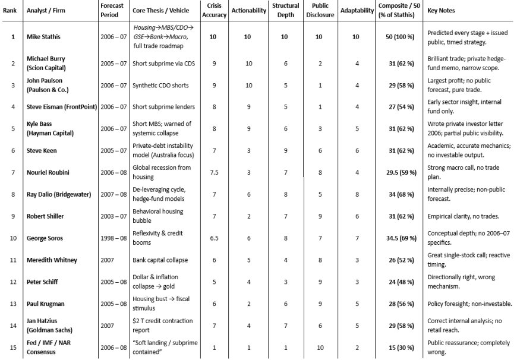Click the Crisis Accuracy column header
pos(214,11)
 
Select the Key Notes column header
pos(442,11)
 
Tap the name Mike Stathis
pos(43,37)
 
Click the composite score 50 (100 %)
pos(394,37)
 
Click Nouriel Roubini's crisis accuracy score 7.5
pos(214,173)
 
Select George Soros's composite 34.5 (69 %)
pos(394,238)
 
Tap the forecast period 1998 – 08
pos(113,238)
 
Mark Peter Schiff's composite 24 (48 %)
pos(394,282)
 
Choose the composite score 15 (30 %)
pos(394,347)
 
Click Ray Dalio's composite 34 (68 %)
pos(394,194)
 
